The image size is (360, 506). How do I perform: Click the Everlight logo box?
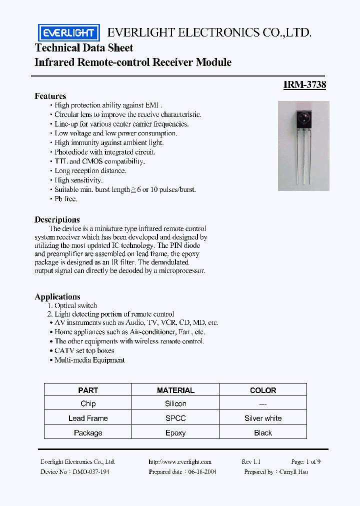pos(69,32)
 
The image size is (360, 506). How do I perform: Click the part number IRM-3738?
pos(304,85)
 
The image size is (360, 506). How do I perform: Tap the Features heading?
pos(50,96)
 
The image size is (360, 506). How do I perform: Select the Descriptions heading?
pos(57,219)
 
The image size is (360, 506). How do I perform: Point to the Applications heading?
pos(57,296)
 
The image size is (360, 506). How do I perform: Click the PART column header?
pos(88,390)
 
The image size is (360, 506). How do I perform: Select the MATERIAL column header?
pos(175,390)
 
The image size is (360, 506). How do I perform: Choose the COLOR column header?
pos(263,390)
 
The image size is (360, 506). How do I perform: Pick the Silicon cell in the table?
pos(175,403)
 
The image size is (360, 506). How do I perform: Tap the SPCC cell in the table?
pos(175,418)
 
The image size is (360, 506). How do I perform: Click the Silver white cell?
pos(263,418)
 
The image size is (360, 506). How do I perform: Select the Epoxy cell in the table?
pos(175,433)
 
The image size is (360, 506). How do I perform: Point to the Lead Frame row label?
pos(88,418)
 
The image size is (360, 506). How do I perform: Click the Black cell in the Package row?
pos(263,433)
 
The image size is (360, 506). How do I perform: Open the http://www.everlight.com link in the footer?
pos(180,462)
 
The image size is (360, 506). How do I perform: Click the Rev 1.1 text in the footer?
pos(251,462)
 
